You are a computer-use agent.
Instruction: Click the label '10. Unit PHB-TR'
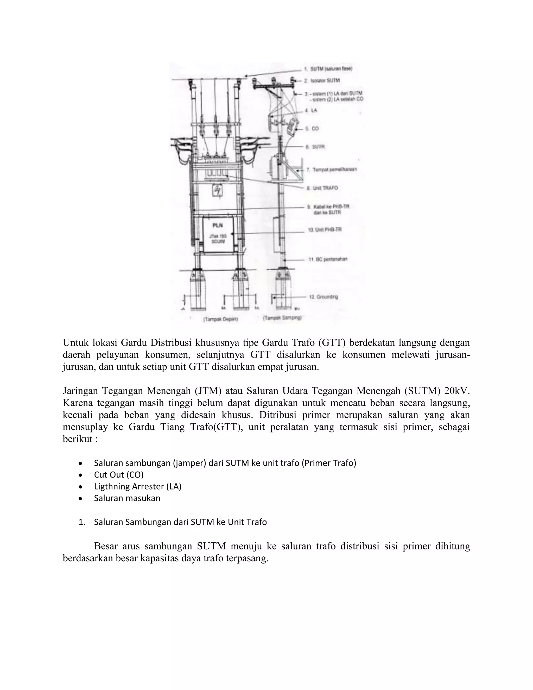325,230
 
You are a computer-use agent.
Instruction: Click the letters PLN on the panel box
218,225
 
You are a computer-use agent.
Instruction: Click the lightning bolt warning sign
218,190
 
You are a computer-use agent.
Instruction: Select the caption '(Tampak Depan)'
220,319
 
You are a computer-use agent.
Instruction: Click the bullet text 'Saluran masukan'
127,498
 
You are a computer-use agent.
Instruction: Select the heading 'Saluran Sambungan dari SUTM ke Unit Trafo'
180,522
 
